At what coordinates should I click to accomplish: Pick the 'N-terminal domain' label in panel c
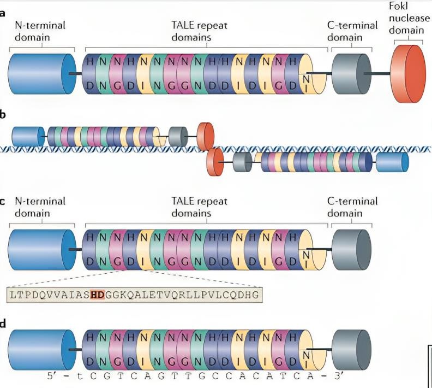(x=40, y=207)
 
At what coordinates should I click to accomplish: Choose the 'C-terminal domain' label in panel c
(x=352, y=207)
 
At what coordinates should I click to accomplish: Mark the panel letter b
(x=3, y=115)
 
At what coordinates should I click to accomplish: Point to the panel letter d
(x=3, y=324)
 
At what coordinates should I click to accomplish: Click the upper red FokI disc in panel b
(x=206, y=135)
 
